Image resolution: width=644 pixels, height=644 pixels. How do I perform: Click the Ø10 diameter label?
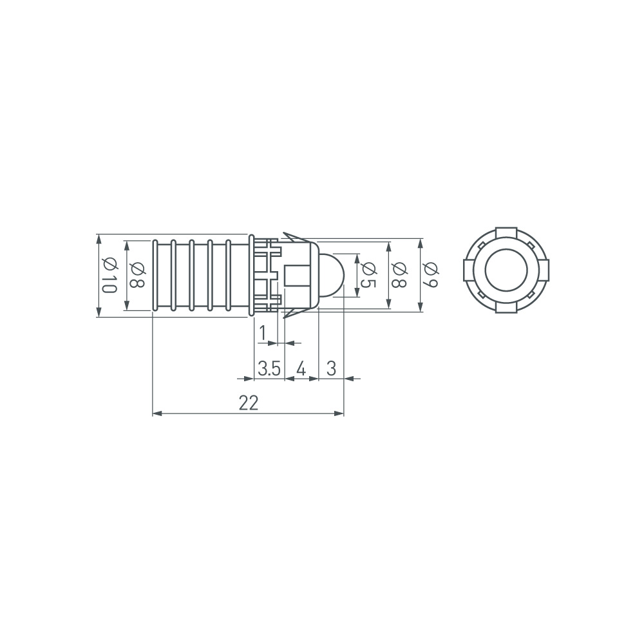[x=109, y=275]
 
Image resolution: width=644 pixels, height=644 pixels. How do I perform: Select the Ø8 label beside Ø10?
[x=137, y=275]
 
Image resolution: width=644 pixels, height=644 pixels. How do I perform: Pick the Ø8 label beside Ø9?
[x=399, y=275]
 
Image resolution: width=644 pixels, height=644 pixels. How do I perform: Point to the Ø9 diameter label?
[x=431, y=275]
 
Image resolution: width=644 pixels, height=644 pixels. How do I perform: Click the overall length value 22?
[x=248, y=403]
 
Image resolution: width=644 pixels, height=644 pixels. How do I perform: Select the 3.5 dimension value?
[x=269, y=368]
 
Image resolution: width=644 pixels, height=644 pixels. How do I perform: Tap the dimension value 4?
[x=301, y=368]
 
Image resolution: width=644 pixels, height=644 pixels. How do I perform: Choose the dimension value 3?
[x=331, y=368]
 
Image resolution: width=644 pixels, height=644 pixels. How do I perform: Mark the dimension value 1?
[x=263, y=333]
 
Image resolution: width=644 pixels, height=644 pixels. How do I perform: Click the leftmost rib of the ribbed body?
[x=155, y=275]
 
